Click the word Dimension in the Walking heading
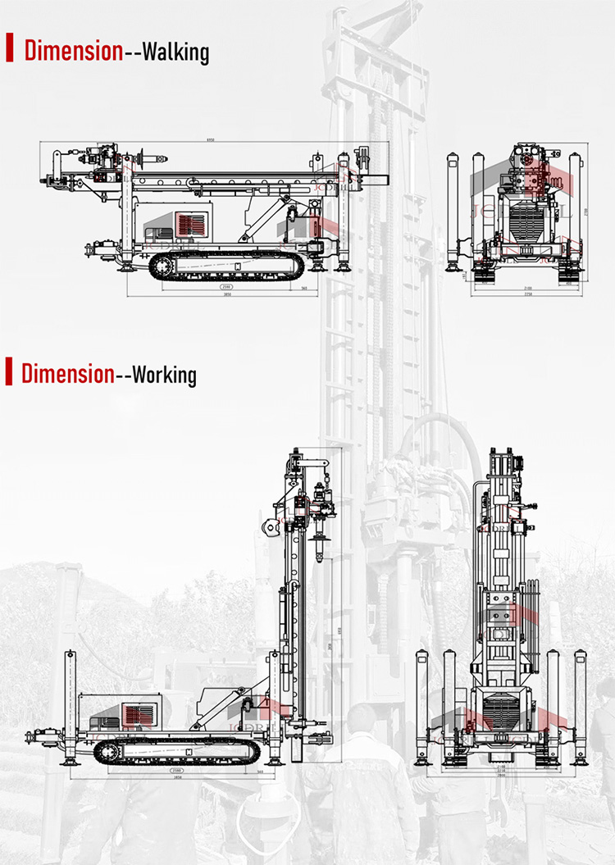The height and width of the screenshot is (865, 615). pyautogui.click(x=73, y=51)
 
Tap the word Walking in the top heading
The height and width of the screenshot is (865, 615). pyautogui.click(x=176, y=52)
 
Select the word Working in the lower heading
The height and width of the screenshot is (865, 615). pyautogui.click(x=164, y=375)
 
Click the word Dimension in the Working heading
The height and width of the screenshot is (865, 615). pyautogui.click(x=67, y=374)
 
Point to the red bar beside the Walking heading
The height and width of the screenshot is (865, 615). pyautogui.click(x=10, y=48)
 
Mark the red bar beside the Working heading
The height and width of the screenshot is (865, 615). pyautogui.click(x=9, y=371)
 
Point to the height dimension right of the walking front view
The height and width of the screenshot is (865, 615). pyautogui.click(x=587, y=212)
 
